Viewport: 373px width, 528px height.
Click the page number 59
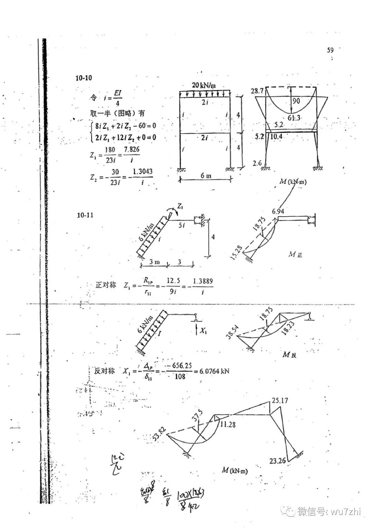point(330,50)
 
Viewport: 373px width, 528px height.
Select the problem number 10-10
point(84,78)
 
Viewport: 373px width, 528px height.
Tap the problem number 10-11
point(85,215)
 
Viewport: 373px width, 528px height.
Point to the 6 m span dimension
point(206,176)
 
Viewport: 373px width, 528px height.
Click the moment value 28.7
point(257,91)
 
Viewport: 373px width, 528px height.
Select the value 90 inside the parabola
point(296,101)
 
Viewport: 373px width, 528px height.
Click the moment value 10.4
point(276,136)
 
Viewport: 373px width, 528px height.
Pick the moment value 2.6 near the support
point(257,162)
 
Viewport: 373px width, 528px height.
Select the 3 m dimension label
point(154,262)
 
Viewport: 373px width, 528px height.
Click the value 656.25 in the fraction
point(181,366)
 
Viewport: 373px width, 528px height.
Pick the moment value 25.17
point(280,401)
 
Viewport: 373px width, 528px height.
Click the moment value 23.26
point(277,461)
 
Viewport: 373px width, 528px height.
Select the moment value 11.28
point(227,424)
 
